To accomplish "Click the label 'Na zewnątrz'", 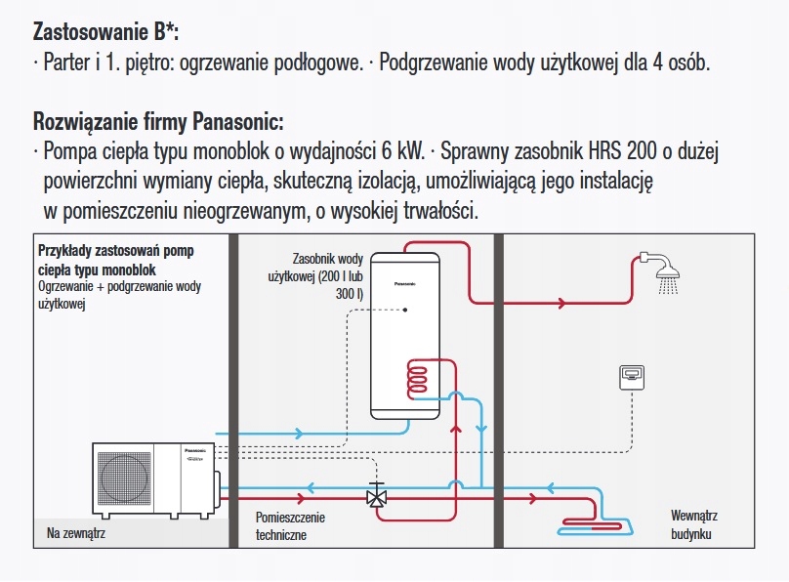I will [76, 534].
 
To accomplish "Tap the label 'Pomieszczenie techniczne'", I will [290, 525].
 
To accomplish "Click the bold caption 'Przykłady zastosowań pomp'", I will [116, 251].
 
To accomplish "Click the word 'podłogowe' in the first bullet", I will [315, 63].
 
